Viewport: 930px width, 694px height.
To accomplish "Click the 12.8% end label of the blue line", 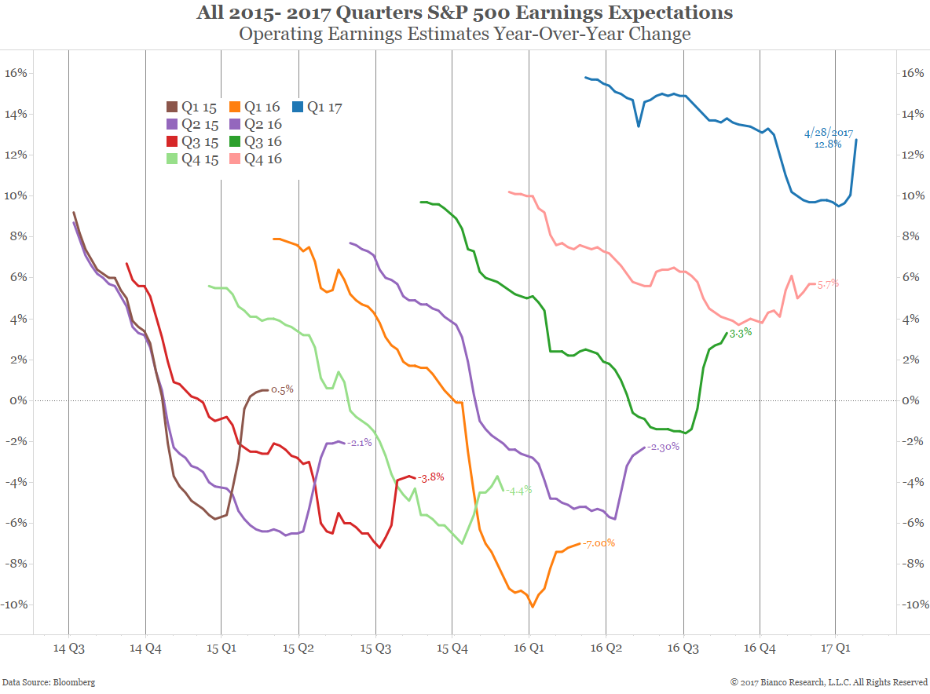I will [828, 144].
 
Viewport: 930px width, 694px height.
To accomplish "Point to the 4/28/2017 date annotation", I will [828, 133].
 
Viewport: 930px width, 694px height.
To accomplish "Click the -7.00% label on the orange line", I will [599, 543].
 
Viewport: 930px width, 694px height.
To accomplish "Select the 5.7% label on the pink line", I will [828, 283].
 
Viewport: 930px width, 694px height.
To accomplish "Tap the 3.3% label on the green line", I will [741, 333].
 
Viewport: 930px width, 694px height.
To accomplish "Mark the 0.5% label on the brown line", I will [282, 389].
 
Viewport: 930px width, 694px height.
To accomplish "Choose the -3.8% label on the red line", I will [431, 477].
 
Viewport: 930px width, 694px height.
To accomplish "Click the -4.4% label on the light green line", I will [518, 490].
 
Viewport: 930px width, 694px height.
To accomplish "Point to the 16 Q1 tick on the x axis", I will [529, 649].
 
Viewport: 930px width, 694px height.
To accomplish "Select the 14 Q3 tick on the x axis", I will [68, 649].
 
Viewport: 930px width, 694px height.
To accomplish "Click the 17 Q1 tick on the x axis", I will [836, 649].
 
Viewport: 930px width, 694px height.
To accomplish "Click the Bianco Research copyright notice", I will [829, 682].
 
